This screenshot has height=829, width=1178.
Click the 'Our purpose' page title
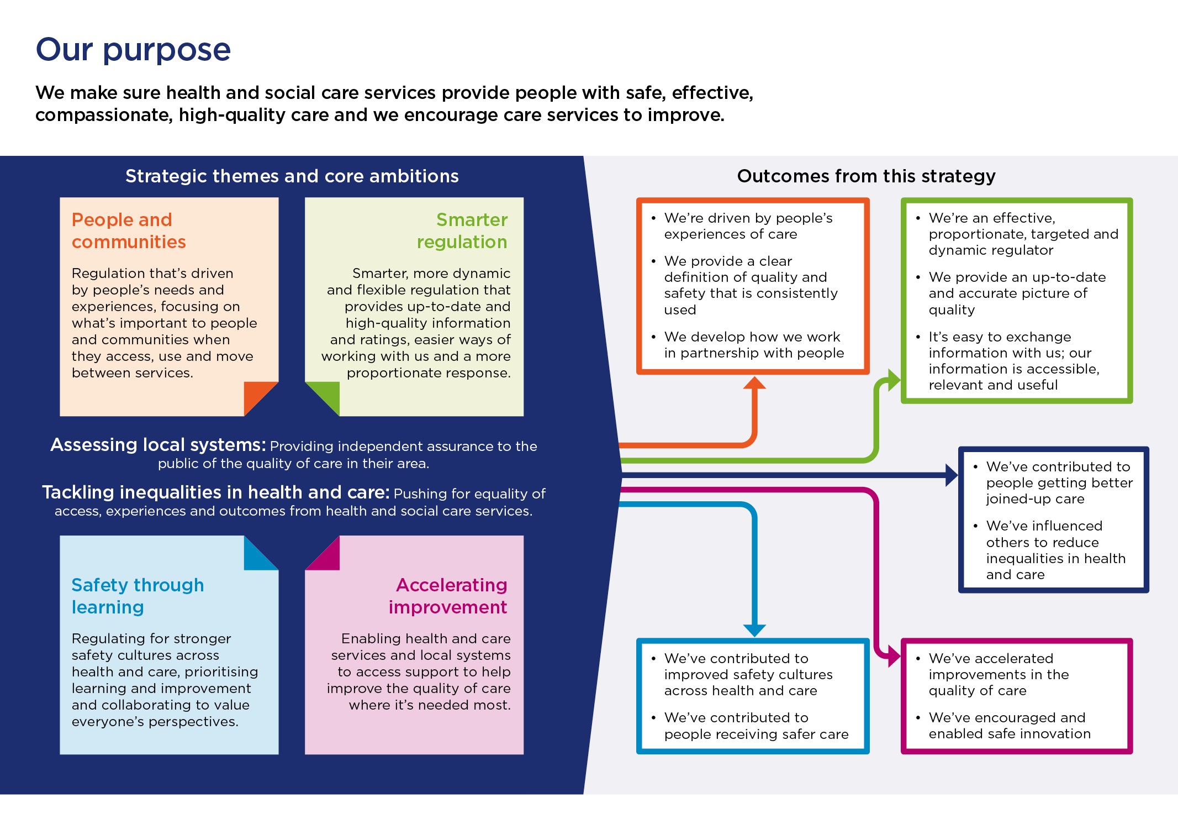[133, 50]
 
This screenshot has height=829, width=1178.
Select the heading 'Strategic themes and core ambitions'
[292, 176]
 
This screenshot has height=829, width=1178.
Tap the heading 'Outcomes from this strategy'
[866, 176]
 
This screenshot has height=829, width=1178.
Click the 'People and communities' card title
[128, 230]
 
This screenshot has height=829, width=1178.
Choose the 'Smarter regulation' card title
[462, 230]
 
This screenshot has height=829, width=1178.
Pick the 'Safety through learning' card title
[138, 596]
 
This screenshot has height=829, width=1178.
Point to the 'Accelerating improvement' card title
[448, 596]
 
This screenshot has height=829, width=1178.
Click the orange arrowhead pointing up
[754, 383]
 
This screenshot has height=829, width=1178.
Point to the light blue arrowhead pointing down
[754, 630]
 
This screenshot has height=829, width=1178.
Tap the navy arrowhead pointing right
[952, 475]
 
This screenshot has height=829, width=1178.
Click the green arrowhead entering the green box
[894, 381]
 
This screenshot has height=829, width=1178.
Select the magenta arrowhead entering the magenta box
[894, 656]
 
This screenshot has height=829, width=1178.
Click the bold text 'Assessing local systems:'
[158, 445]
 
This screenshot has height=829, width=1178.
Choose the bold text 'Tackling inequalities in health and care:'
[216, 492]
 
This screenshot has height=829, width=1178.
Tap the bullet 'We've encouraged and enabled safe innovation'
[1009, 726]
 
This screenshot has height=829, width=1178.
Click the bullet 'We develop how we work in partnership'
[754, 345]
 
